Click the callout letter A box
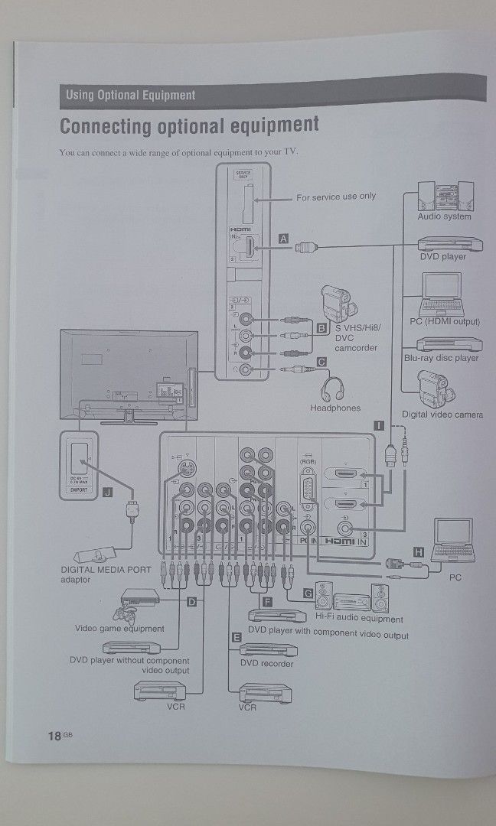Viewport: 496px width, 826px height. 284,239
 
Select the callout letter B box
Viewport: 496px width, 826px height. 321,328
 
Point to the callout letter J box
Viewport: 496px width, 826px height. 107,493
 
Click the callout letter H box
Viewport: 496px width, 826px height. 417,551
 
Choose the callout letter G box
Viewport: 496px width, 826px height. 308,593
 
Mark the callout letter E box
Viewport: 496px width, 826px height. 237,636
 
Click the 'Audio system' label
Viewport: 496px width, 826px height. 444,216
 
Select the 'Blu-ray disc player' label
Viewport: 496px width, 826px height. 441,357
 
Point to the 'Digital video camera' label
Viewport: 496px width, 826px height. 442,415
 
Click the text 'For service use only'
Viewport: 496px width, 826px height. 336,197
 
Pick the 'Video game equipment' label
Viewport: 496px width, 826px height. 119,629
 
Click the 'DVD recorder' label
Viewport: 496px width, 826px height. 266,663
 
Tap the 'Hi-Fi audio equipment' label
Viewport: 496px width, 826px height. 359,619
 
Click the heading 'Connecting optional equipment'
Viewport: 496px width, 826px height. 189,125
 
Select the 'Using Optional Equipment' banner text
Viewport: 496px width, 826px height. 130,96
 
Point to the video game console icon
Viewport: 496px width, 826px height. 138,603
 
